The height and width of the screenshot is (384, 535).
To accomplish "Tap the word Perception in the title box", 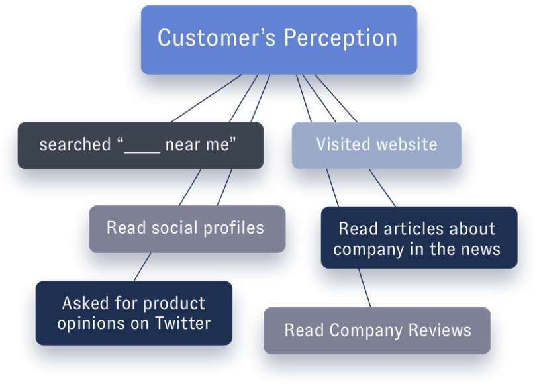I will tap(340, 38).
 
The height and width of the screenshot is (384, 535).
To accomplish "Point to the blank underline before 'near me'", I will tap(143, 146).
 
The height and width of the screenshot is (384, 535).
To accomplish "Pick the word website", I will tap(406, 144).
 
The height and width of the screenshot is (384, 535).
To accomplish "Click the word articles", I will tap(417, 229).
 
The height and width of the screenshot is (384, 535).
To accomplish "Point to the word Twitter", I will tap(183, 323).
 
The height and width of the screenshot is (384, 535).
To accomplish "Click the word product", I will tap(175, 303).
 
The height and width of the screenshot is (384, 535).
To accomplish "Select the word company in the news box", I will tap(365, 250).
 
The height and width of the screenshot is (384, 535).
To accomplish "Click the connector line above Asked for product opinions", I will tap(138, 269).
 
